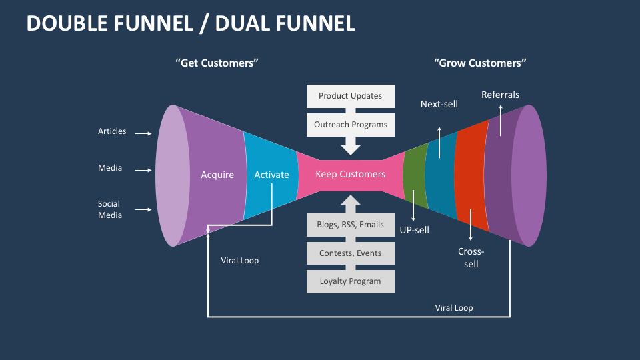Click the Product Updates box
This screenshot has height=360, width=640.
pos(350,96)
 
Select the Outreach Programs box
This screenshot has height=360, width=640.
pos(350,124)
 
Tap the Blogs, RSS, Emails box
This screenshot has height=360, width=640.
pos(350,225)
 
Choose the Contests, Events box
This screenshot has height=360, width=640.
pos(350,253)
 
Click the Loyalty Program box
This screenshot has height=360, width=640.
pos(350,281)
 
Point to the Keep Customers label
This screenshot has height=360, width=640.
pos(350,175)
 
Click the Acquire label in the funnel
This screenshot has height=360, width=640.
pos(217,175)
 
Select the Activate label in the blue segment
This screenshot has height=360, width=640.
pos(271,175)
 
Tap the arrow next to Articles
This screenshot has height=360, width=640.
pos(143,133)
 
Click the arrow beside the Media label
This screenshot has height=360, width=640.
pos(143,170)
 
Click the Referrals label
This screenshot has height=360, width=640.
pos(500,95)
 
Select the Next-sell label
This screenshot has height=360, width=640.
pos(439,104)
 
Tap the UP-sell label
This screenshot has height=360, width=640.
pos(414,231)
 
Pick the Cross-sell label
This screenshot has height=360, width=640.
pos(471,257)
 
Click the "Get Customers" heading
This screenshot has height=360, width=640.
pos(217,63)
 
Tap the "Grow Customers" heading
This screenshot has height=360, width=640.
pos(480,63)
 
